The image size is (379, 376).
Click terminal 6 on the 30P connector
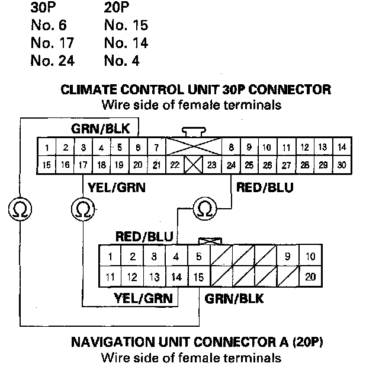coord(137,147)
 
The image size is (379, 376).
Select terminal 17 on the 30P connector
coord(84,165)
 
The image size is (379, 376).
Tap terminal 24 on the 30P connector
coord(230,165)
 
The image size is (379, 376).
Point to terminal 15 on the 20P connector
coord(198,276)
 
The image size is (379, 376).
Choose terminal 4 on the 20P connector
coord(176,257)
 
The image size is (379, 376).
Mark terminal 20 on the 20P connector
coord(310,276)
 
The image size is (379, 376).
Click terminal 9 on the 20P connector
coord(287,257)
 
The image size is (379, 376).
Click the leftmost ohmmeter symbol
coord(20,208)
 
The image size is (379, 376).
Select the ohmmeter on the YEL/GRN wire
coord(82,208)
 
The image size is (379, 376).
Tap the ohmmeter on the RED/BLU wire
coord(205,208)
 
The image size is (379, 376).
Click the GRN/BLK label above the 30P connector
coord(104,128)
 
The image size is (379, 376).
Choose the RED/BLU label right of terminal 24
coord(264,187)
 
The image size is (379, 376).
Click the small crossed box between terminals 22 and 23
coord(193,165)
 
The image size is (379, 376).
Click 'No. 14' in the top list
coord(126,43)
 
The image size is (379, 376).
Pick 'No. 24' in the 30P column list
coord(52,60)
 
